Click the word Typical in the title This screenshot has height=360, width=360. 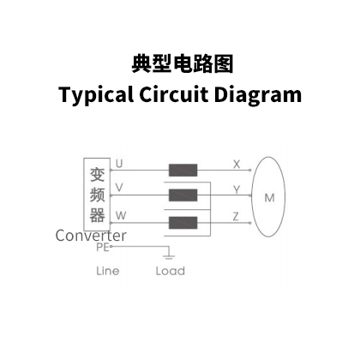96,95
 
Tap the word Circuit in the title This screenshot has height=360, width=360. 174,94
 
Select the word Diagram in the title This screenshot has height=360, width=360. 258,95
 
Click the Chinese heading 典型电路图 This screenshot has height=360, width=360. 183,63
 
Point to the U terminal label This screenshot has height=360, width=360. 119,164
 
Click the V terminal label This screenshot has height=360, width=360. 119,188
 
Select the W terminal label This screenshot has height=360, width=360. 121,215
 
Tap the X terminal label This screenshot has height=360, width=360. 237,165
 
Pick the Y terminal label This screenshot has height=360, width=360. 237,189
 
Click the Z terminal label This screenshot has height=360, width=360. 236,217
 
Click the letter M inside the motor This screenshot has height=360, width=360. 269,198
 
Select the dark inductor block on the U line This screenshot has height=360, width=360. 183,171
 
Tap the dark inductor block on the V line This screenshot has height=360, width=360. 183,195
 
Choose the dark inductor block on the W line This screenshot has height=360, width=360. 183,223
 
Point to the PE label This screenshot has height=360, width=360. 103,247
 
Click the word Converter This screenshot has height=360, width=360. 91,236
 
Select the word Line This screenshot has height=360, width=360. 108,271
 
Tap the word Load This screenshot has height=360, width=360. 171,271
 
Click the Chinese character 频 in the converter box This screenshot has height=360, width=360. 97,195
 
